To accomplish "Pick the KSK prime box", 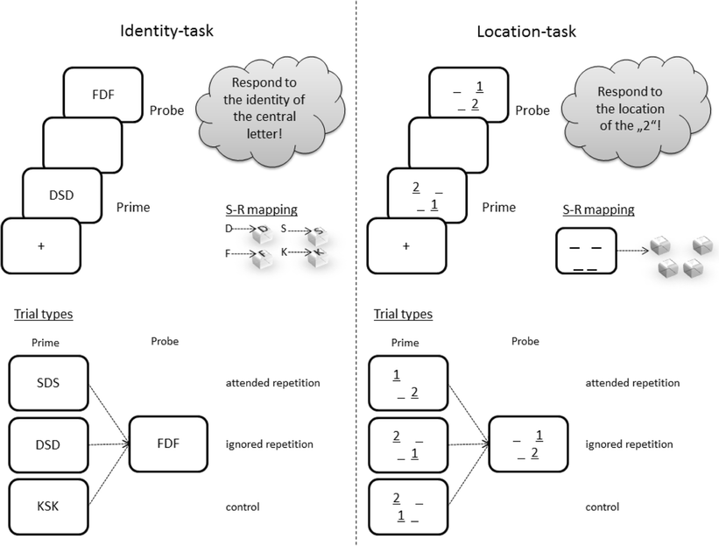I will click(x=48, y=507).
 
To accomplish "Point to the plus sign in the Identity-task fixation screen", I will click(x=40, y=246).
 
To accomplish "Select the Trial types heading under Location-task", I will click(x=403, y=314).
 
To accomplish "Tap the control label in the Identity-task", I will click(x=242, y=507).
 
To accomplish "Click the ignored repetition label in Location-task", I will click(x=629, y=444).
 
